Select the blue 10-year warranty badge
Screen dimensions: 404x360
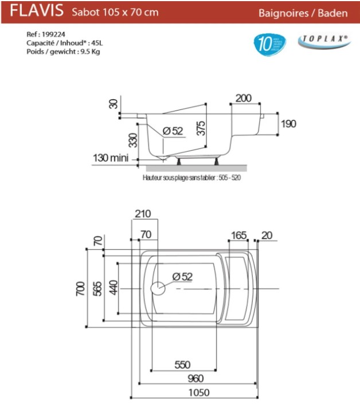click(x=269, y=45)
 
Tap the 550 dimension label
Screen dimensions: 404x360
click(x=182, y=365)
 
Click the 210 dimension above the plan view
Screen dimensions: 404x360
click(x=143, y=214)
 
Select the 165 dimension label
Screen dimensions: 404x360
click(x=238, y=235)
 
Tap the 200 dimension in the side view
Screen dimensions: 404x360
click(x=243, y=99)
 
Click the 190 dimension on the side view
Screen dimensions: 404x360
click(x=288, y=123)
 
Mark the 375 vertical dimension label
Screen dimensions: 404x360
click(x=200, y=128)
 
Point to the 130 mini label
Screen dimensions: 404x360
click(x=111, y=158)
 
